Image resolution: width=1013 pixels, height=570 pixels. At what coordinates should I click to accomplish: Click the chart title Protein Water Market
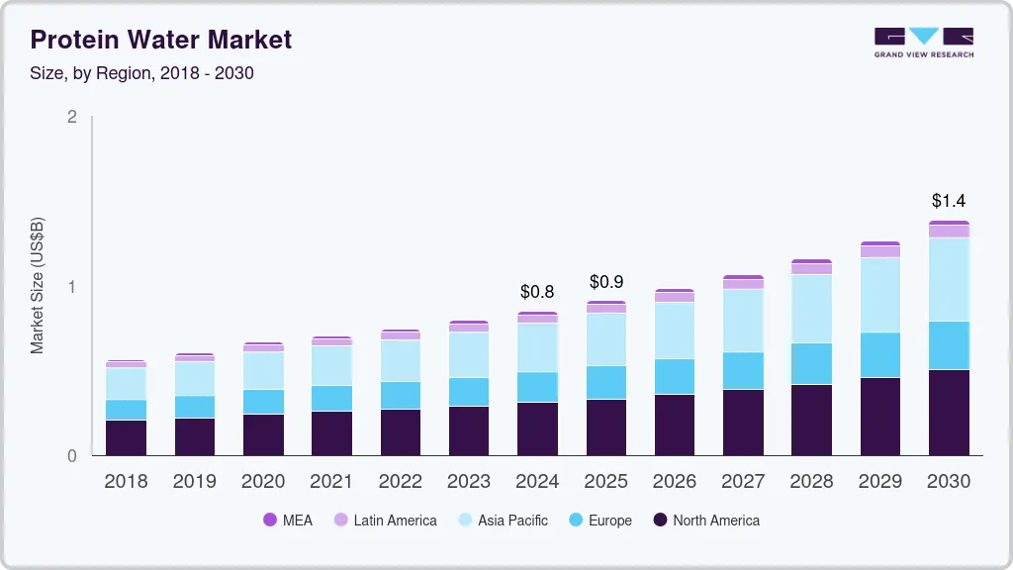[x=161, y=40]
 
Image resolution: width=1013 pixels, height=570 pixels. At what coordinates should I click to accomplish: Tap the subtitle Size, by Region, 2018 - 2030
[x=142, y=73]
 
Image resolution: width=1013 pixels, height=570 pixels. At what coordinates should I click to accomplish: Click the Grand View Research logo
[x=923, y=42]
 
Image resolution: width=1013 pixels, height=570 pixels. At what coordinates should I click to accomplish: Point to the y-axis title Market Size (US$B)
[x=38, y=285]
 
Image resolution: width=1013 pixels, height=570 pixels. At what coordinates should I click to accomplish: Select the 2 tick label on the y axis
[x=71, y=117]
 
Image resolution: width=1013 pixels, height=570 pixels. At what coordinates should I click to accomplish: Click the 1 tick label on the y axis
[x=71, y=287]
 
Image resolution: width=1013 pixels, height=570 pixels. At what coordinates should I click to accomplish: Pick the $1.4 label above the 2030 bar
[x=949, y=201]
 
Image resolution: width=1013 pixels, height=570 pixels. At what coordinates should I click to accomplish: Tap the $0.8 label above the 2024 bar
[x=538, y=292]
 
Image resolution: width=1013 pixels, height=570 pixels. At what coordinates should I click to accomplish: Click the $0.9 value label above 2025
[x=606, y=282]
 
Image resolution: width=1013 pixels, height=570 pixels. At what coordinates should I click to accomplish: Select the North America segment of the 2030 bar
[x=949, y=413]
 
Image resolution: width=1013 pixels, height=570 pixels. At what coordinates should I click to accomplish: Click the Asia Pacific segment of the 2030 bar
[x=949, y=279]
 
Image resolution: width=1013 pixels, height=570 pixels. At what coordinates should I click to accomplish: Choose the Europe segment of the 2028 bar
[x=811, y=364]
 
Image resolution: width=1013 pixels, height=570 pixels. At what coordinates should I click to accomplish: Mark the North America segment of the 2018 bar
[x=127, y=437]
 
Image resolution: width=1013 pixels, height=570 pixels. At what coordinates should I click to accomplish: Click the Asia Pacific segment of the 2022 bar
[x=401, y=360]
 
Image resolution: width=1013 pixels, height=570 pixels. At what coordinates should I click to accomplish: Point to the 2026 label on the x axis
[x=675, y=481]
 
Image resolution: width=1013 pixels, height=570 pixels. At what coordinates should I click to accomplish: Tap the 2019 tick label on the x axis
[x=195, y=481]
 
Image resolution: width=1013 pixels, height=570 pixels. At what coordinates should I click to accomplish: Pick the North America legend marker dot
[x=659, y=520]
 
